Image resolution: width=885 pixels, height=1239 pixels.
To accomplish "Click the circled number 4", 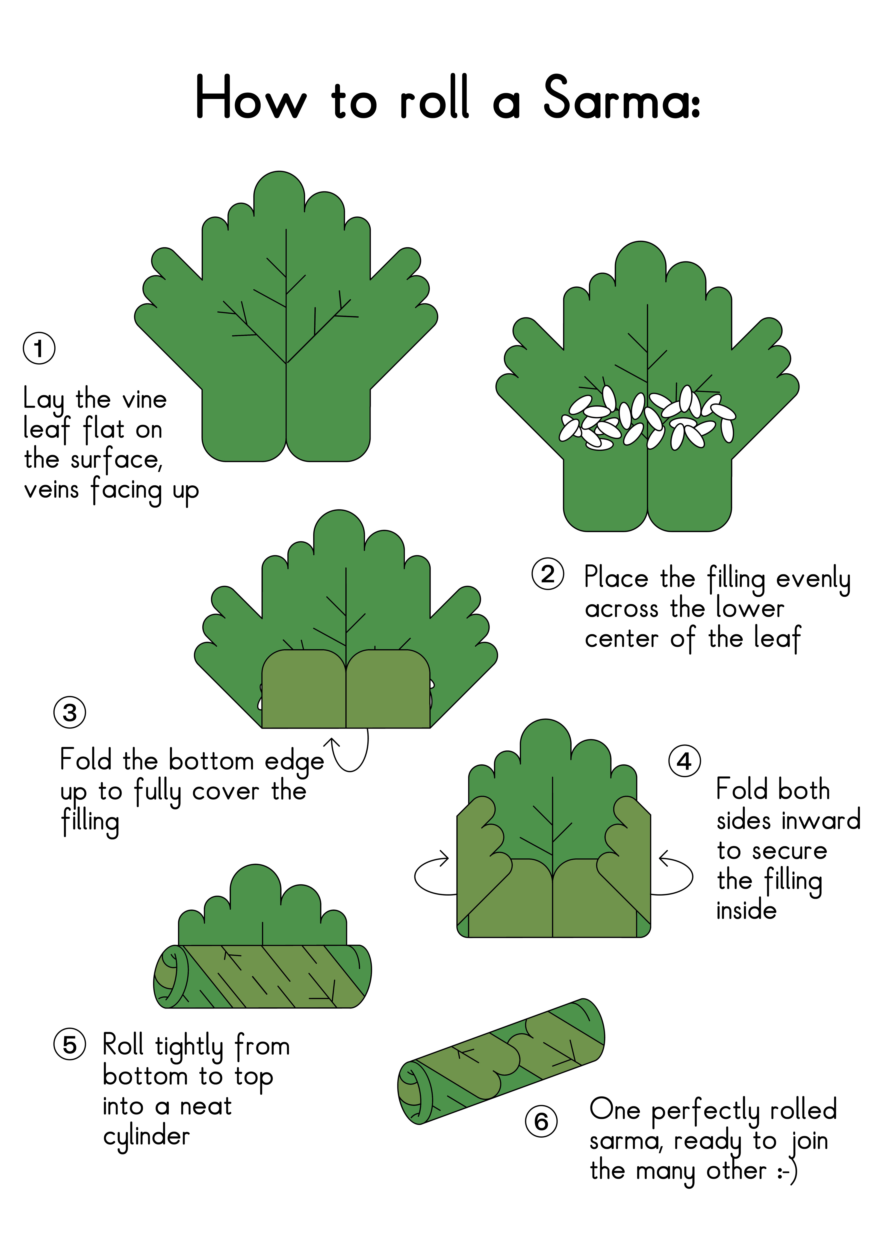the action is (684, 761).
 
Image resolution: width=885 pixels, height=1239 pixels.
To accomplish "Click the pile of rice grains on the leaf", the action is (647, 418).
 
